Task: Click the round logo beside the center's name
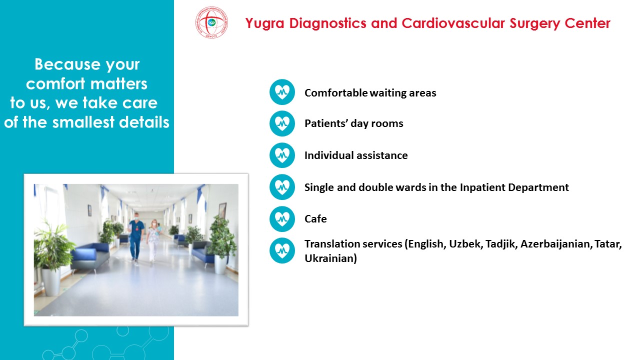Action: pos(211,22)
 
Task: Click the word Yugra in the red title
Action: pos(265,23)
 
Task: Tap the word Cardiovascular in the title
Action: pos(453,23)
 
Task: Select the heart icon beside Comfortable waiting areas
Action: pos(282,92)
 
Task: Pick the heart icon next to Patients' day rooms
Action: pos(282,123)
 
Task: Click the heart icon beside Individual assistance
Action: pos(282,155)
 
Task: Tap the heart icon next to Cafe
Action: pos(282,219)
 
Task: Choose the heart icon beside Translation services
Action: pos(282,250)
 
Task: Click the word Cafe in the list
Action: pos(315,219)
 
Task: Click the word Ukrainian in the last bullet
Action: pos(329,258)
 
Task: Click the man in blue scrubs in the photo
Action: pos(135,236)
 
